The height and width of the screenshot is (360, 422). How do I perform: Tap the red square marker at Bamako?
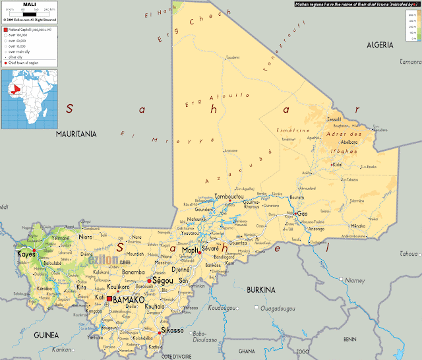coord(109,299)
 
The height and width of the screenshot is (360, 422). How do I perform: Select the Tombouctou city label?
coord(229,196)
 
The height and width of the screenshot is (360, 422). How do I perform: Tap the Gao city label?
coord(303,214)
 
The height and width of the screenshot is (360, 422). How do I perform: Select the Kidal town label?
coord(337,164)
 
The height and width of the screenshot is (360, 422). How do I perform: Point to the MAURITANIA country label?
coord(76,134)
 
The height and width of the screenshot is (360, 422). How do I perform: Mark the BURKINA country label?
coord(260,289)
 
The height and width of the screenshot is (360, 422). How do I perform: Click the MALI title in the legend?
coord(29,5)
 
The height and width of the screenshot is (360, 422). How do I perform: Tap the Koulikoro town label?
coord(121,287)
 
